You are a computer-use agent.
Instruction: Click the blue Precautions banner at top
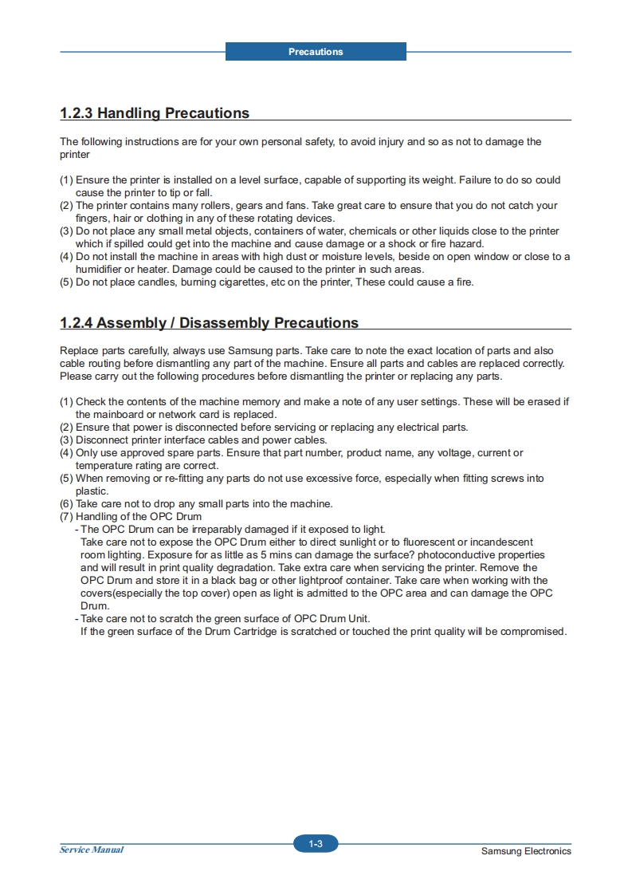pyautogui.click(x=316, y=52)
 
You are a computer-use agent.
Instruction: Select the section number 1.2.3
pyautogui.click(x=77, y=113)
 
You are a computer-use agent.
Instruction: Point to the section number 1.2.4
pyautogui.click(x=77, y=323)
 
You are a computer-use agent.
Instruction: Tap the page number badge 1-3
pyautogui.click(x=316, y=844)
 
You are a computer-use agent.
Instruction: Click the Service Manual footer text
pyautogui.click(x=92, y=850)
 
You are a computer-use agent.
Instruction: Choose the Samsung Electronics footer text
pyautogui.click(x=526, y=851)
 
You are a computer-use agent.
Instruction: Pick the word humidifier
pyautogui.click(x=100, y=269)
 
